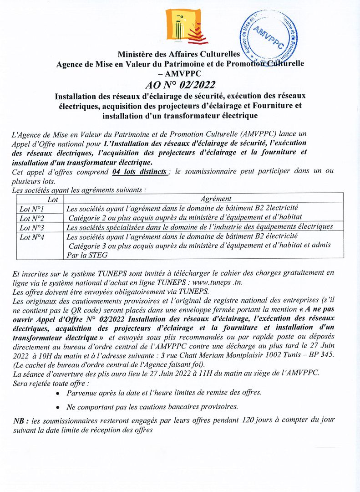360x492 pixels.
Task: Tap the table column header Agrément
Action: (216, 199)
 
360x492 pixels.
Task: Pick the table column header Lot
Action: (41, 199)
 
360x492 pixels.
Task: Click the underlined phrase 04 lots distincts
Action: (139, 172)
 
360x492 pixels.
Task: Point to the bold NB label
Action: (21, 421)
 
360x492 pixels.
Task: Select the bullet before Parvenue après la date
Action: (57, 392)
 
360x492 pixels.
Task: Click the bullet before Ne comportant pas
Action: (57, 407)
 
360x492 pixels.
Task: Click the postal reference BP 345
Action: (322, 355)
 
